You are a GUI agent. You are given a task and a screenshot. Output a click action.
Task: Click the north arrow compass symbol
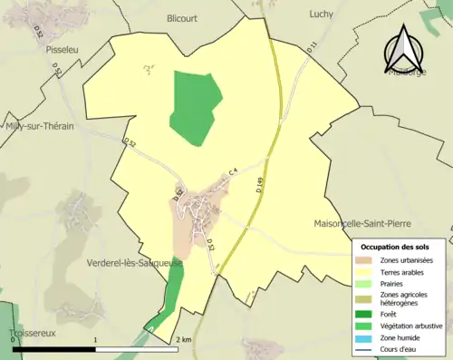[x=404, y=50]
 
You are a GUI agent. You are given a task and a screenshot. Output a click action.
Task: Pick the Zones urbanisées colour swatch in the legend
[x=365, y=261]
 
